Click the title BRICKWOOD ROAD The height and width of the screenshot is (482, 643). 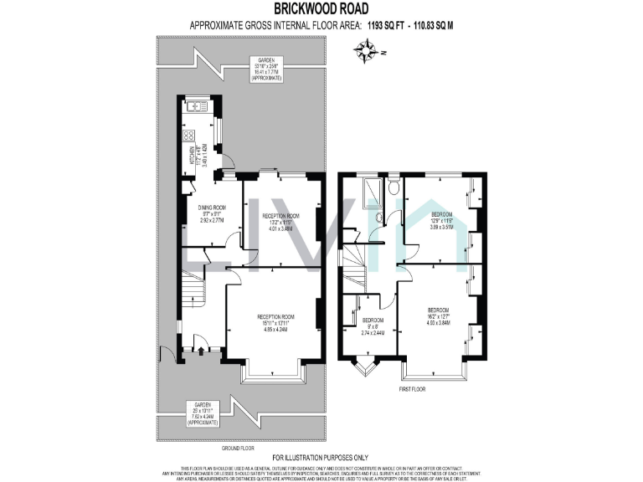point(321,10)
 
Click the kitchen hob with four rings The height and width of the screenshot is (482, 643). point(188,136)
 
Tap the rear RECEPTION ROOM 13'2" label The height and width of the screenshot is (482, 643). point(280,221)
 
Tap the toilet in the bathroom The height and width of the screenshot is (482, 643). point(391,189)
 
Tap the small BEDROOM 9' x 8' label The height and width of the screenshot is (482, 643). point(373,326)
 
